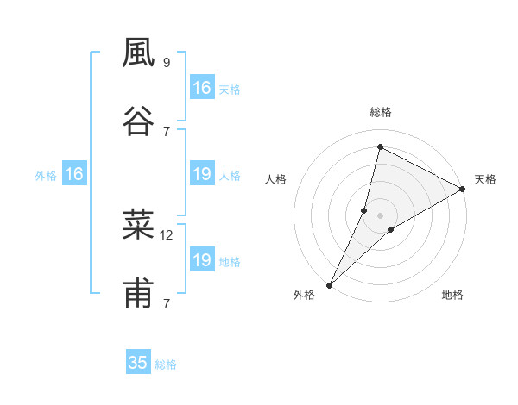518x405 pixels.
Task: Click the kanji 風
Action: click(138, 53)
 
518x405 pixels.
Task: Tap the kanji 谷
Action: click(138, 121)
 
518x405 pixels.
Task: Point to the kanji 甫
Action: click(138, 294)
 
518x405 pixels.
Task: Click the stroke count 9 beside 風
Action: click(166, 63)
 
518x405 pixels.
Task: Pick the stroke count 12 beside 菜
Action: click(167, 234)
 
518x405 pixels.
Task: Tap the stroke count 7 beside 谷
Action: click(166, 131)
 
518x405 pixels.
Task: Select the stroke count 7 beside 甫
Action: click(166, 303)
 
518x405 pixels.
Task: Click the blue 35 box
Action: click(138, 363)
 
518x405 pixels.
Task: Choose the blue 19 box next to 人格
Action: click(201, 175)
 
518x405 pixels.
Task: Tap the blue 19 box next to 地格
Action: click(201, 260)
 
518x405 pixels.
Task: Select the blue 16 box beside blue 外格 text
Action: click(74, 175)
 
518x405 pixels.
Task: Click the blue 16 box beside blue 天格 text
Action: click(201, 88)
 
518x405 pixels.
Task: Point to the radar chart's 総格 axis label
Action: click(381, 112)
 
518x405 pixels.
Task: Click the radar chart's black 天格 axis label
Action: click(485, 179)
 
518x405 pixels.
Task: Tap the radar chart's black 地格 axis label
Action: click(452, 296)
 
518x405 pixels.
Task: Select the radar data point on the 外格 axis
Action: click(330, 284)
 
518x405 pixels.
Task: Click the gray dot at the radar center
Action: click(381, 215)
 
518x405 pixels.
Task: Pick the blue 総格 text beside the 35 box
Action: click(166, 364)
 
